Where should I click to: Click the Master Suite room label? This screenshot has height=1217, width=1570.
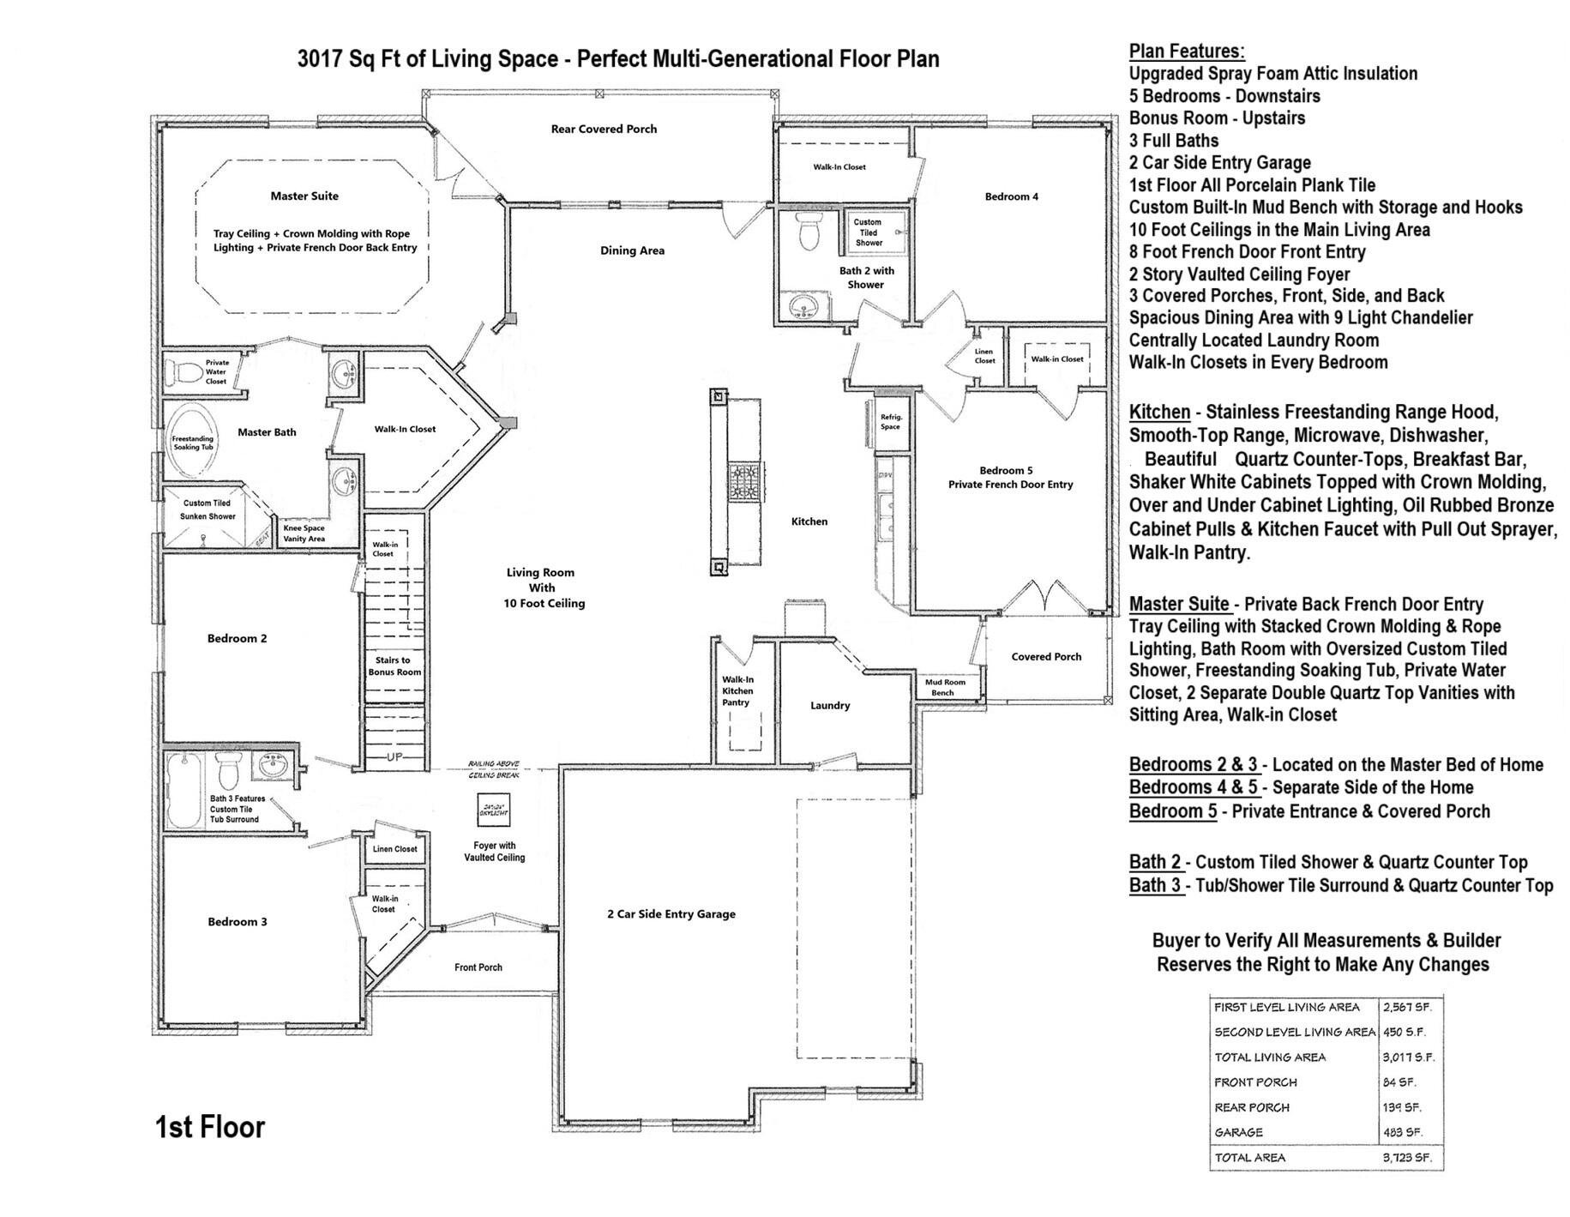304,196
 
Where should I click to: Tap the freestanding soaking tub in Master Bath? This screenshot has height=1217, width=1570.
193,441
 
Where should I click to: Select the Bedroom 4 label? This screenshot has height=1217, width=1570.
1011,196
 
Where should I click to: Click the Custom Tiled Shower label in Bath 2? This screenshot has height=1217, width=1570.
868,232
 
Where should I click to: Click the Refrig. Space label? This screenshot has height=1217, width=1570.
891,421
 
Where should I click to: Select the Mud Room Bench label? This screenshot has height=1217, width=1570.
944,687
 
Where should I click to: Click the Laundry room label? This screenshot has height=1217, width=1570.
829,705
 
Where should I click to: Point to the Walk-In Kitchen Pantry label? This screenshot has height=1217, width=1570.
737,690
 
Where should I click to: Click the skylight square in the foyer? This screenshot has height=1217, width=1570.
494,809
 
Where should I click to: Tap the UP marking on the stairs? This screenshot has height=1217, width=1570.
394,756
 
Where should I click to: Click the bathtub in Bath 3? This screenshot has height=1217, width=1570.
183,789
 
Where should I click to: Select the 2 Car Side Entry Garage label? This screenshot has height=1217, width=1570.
671,913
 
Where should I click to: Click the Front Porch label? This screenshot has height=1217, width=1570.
478,967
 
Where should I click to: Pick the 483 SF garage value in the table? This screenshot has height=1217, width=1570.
1402,1132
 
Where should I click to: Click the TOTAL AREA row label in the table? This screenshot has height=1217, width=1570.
1249,1157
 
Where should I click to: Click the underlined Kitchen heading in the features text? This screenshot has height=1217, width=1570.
1159,412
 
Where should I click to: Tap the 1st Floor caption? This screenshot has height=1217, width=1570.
210,1126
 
